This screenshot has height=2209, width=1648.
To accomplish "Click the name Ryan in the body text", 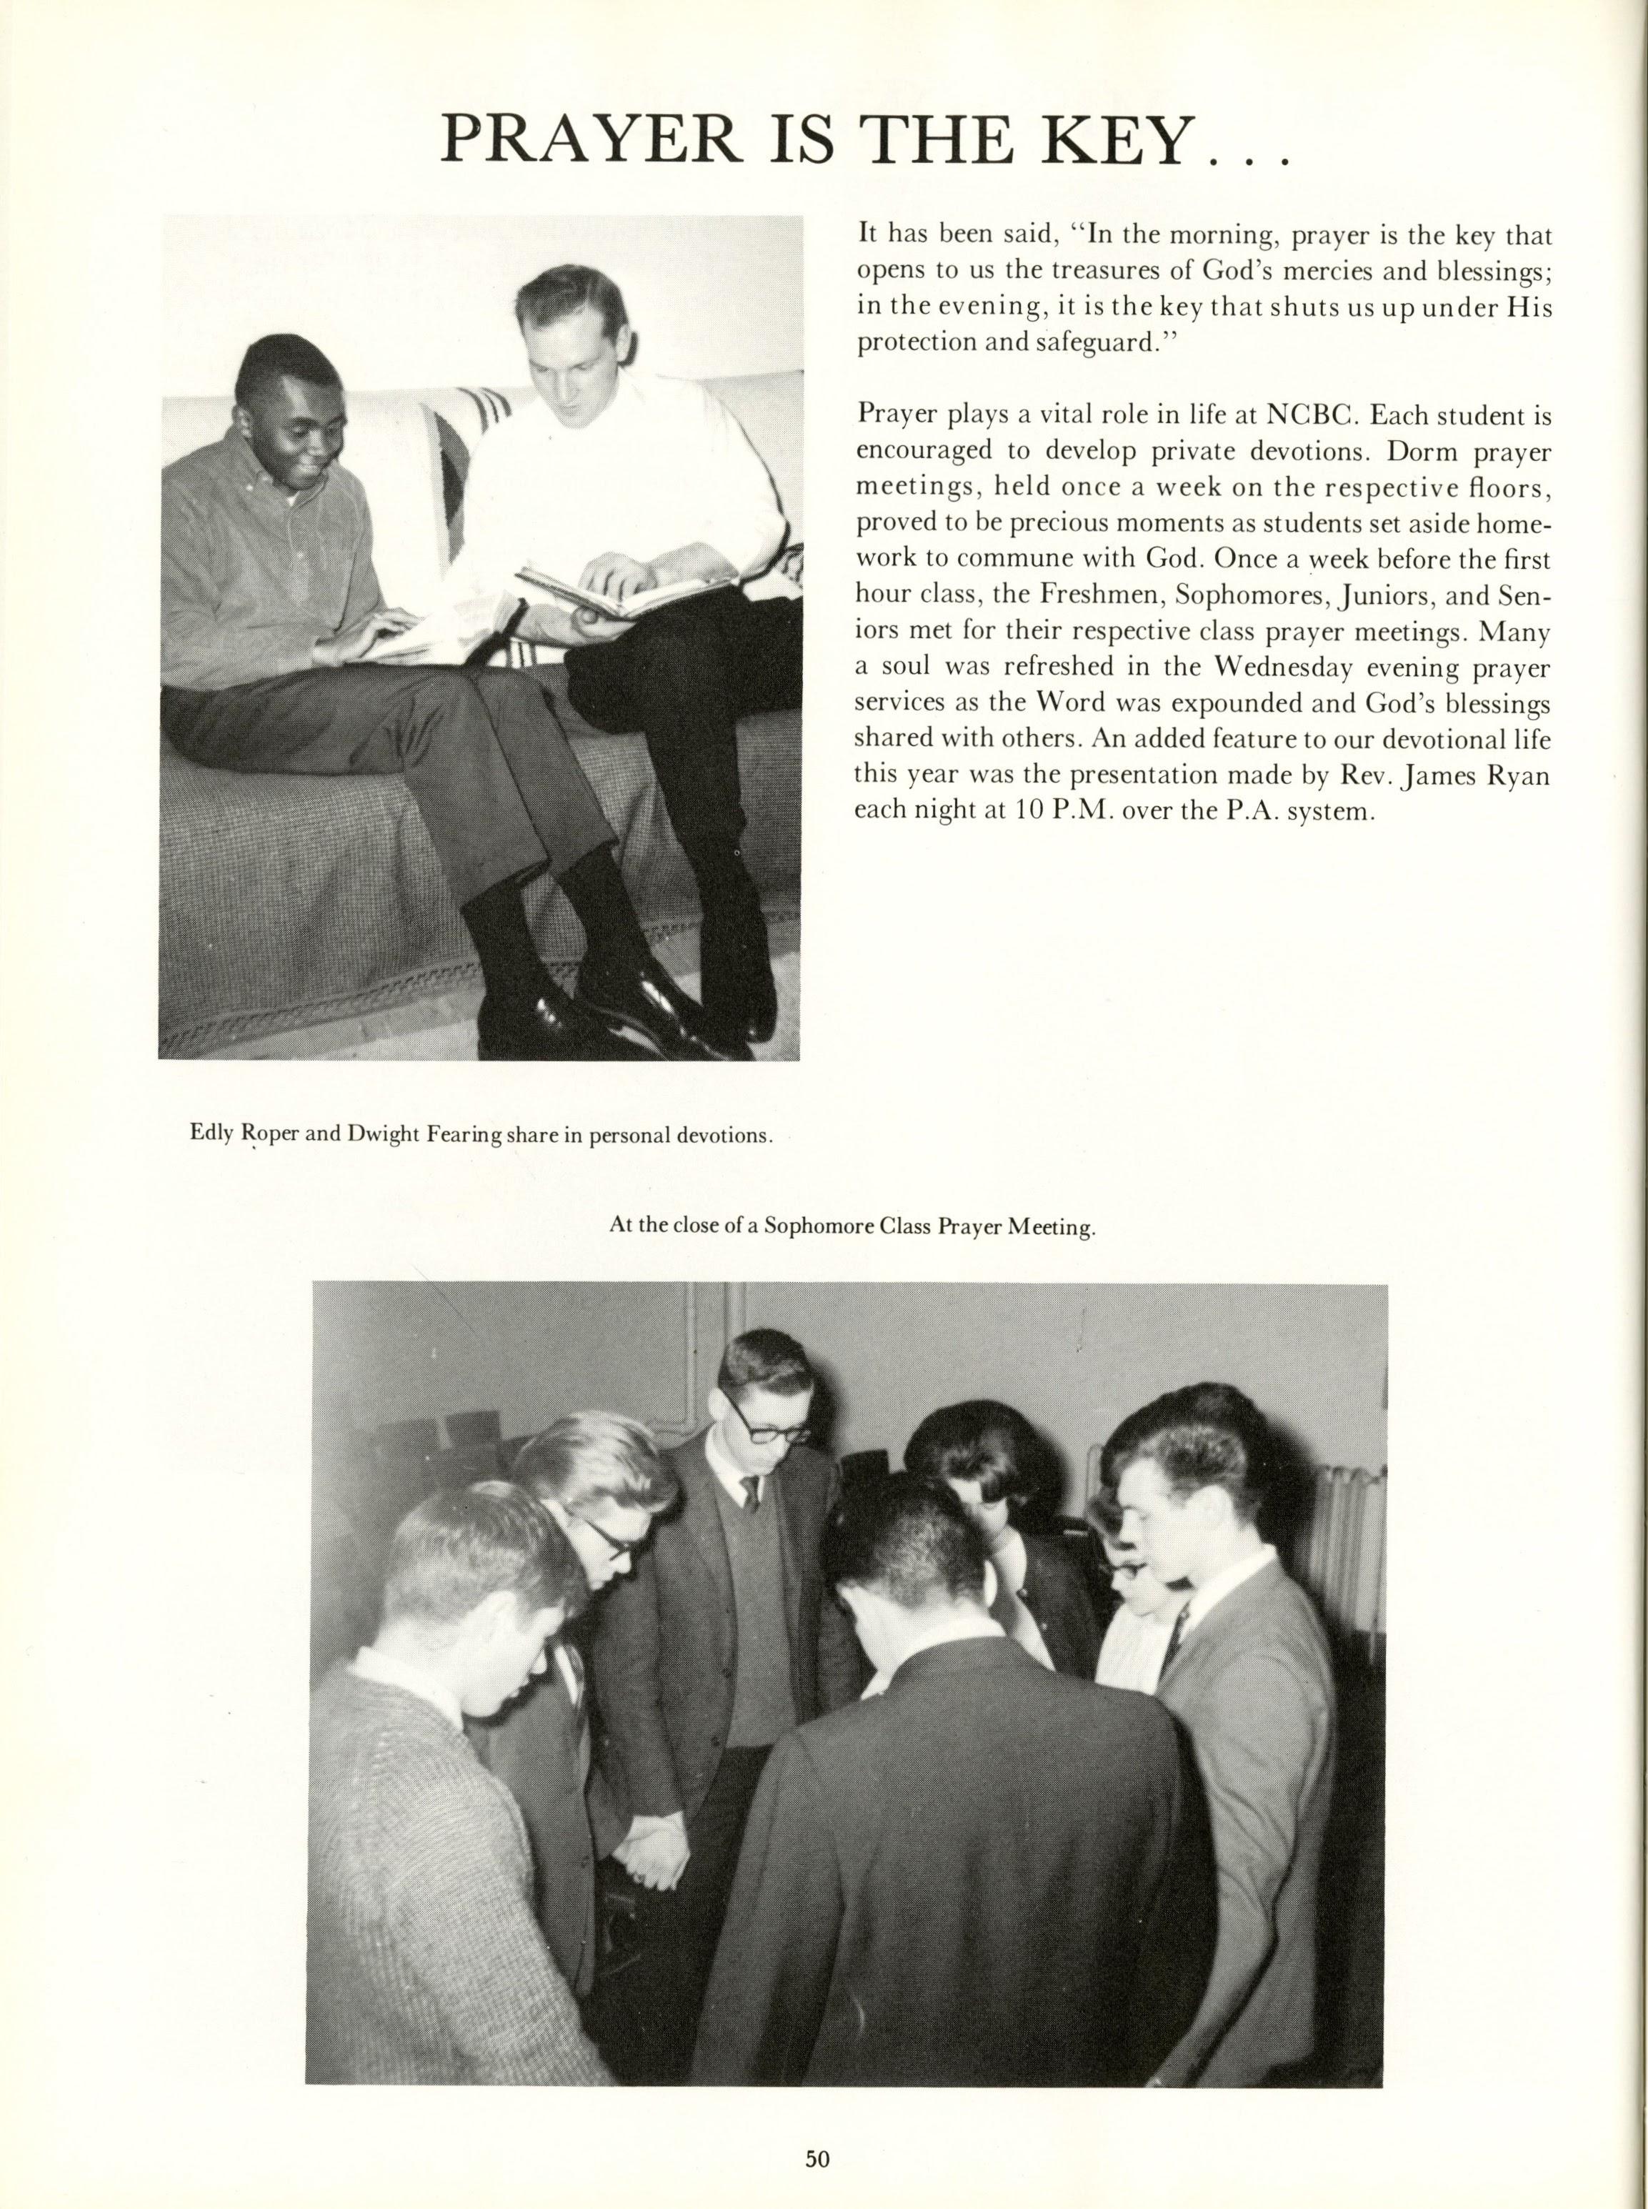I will (x=1519, y=775).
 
